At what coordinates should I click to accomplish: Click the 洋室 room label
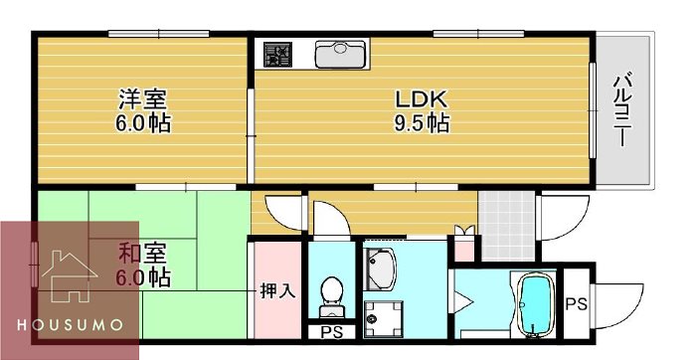(x=142, y=99)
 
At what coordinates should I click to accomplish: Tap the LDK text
(x=423, y=99)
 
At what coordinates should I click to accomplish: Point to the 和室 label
(x=142, y=252)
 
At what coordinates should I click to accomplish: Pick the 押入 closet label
(x=276, y=291)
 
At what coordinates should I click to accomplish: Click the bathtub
(x=538, y=303)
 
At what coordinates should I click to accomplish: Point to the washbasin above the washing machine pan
(x=381, y=267)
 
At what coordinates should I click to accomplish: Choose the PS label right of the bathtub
(x=577, y=304)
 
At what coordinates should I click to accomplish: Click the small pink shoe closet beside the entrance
(x=463, y=249)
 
